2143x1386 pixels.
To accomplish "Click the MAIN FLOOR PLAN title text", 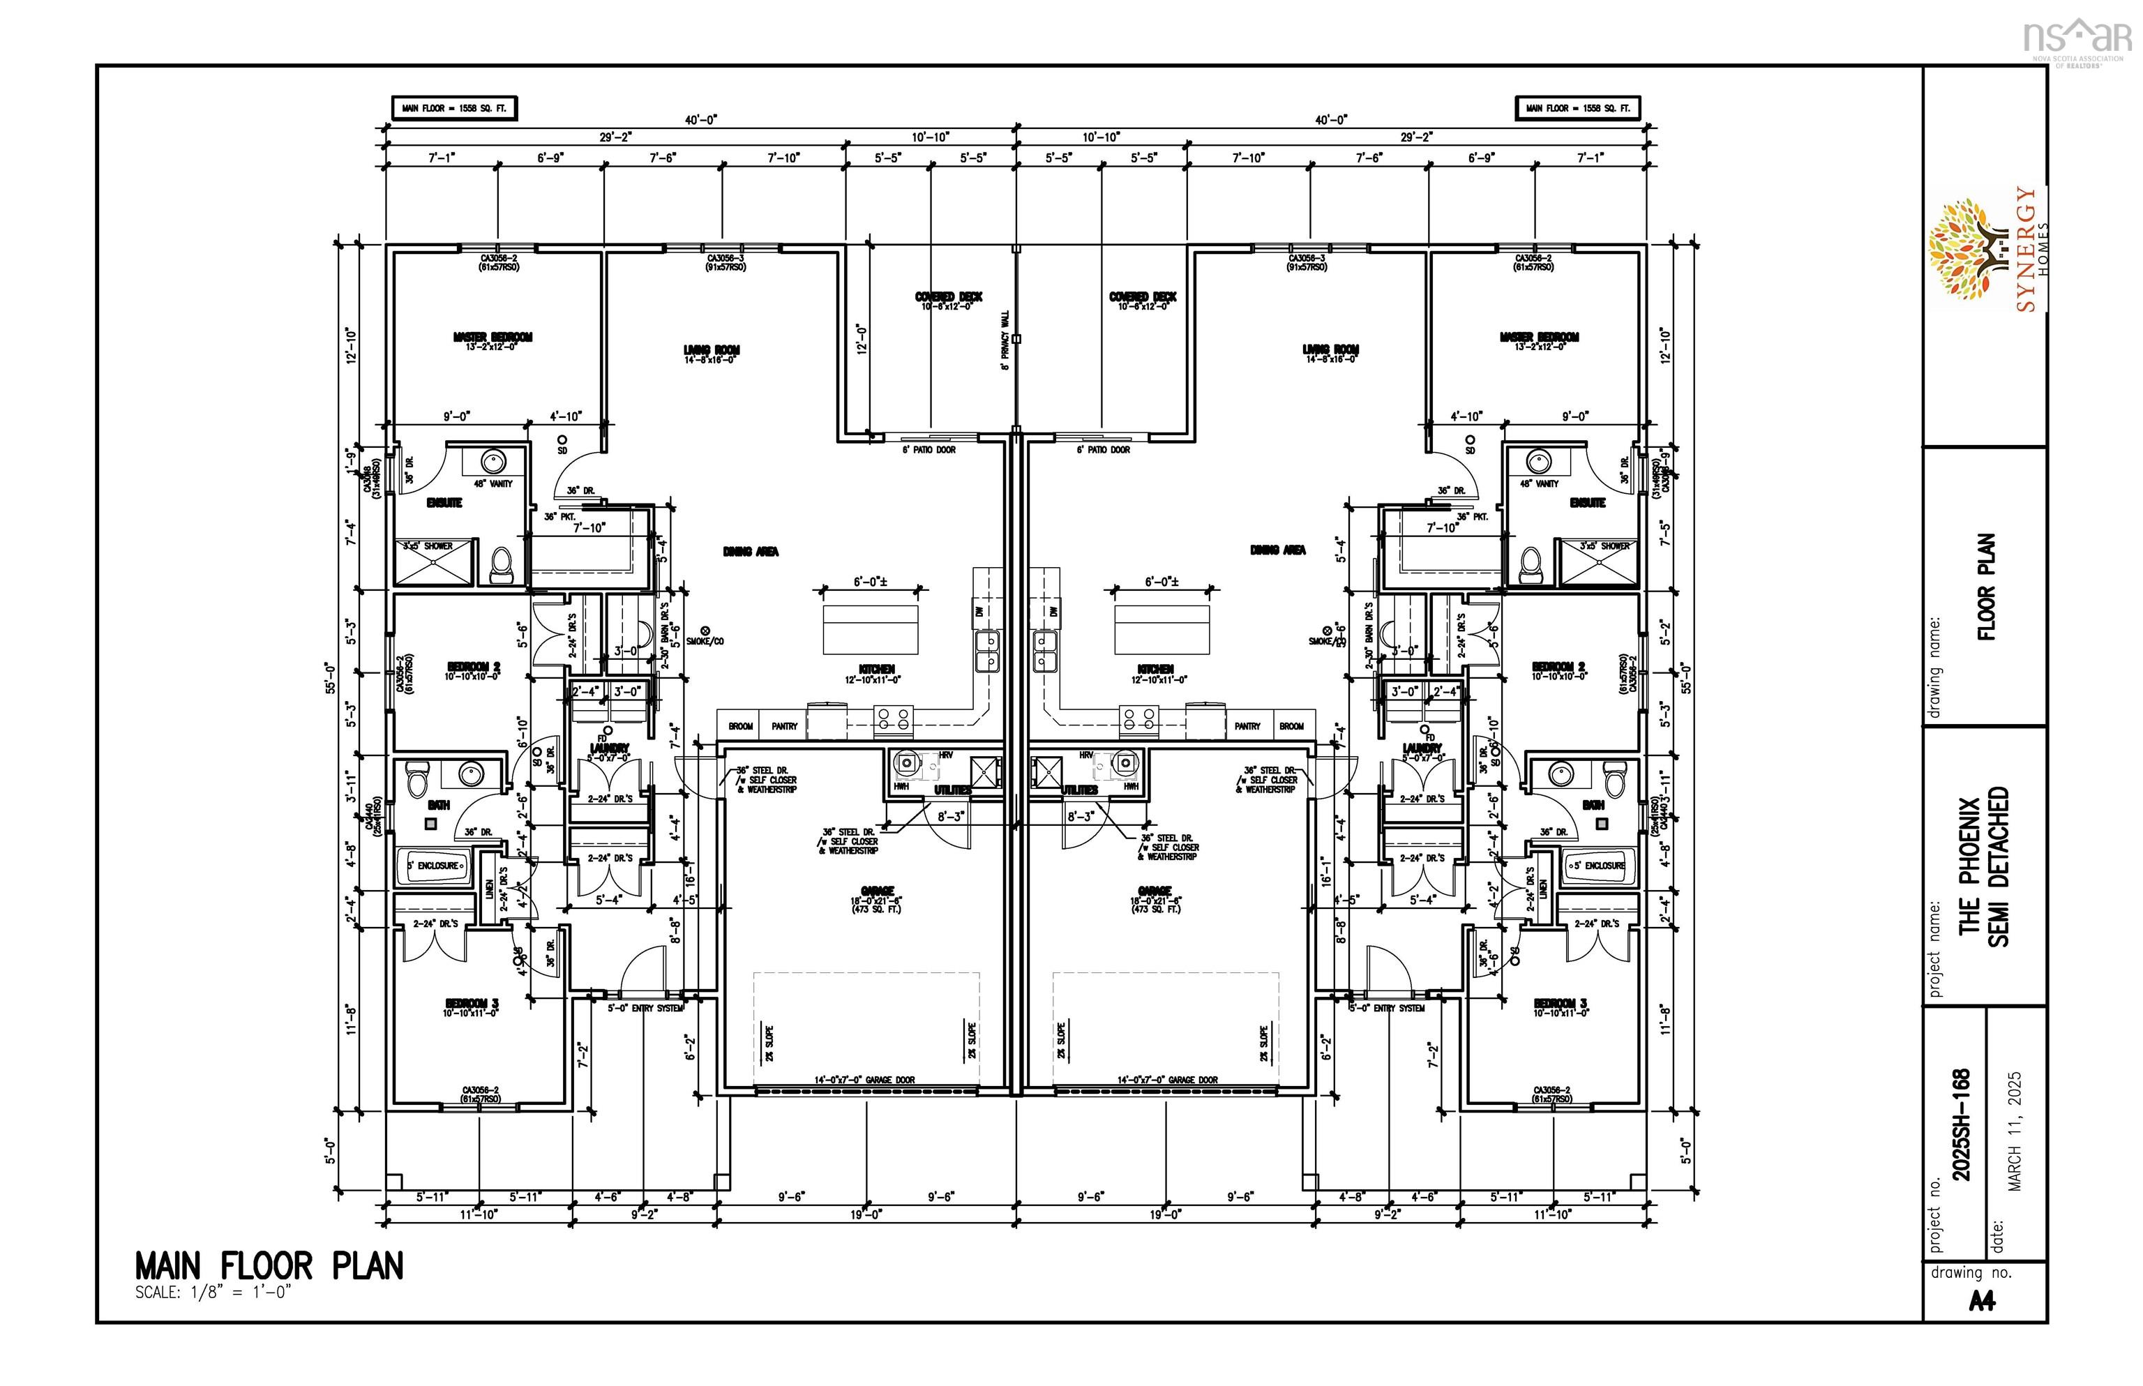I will point(268,1265).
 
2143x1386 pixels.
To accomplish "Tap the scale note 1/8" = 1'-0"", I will point(213,1293).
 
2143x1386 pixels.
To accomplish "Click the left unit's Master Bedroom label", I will point(492,338).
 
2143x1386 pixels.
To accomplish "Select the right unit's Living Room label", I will point(1330,350).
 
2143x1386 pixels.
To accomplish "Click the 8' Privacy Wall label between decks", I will point(1005,340).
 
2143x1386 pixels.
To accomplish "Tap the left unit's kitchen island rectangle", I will point(871,628).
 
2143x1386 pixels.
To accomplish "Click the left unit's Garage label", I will point(877,890).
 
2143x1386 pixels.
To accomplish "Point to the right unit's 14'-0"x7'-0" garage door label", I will point(1167,1079).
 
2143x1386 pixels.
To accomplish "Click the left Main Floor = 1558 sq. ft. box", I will point(455,108).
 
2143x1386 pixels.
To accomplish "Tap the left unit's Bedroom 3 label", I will point(471,1004).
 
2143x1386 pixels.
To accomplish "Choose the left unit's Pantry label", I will point(784,725).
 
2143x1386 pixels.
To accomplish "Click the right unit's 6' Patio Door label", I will point(1103,449).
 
